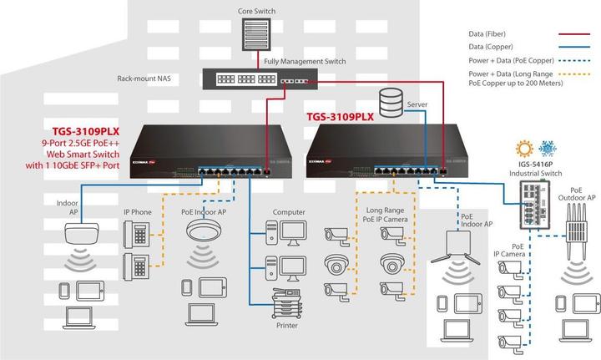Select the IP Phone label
[x=137, y=212]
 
